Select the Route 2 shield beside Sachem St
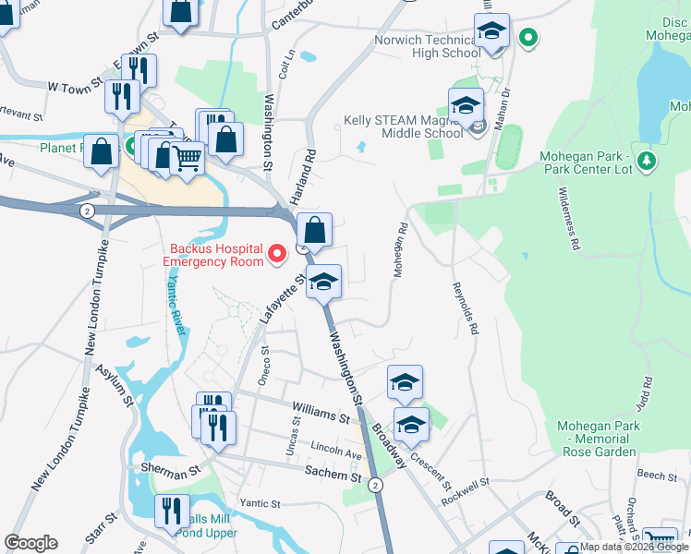(x=374, y=485)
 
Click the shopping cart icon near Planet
(x=188, y=160)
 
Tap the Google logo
(x=30, y=543)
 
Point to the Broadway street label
(x=389, y=446)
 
